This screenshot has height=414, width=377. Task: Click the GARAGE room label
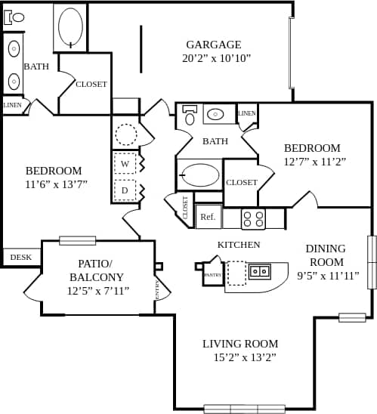coord(214,45)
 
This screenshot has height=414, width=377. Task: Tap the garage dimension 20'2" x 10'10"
coord(216,58)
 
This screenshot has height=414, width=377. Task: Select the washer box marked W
coord(125,162)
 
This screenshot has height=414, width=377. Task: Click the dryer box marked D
coord(125,190)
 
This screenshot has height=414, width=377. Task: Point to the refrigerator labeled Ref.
coord(208,217)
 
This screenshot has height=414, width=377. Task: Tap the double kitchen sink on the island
coord(260,270)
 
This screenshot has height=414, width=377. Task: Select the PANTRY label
coord(212,275)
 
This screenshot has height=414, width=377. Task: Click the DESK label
coord(21,258)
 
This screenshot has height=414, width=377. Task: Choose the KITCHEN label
coord(239,245)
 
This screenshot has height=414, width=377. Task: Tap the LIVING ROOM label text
coord(240,344)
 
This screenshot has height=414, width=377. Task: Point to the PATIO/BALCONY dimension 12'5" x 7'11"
coord(98,291)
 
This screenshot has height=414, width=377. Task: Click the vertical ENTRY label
coord(157,289)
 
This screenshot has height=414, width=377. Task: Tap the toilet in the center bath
coord(190,116)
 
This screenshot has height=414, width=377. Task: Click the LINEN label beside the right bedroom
coord(247,113)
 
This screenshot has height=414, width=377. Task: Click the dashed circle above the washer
coord(125,135)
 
